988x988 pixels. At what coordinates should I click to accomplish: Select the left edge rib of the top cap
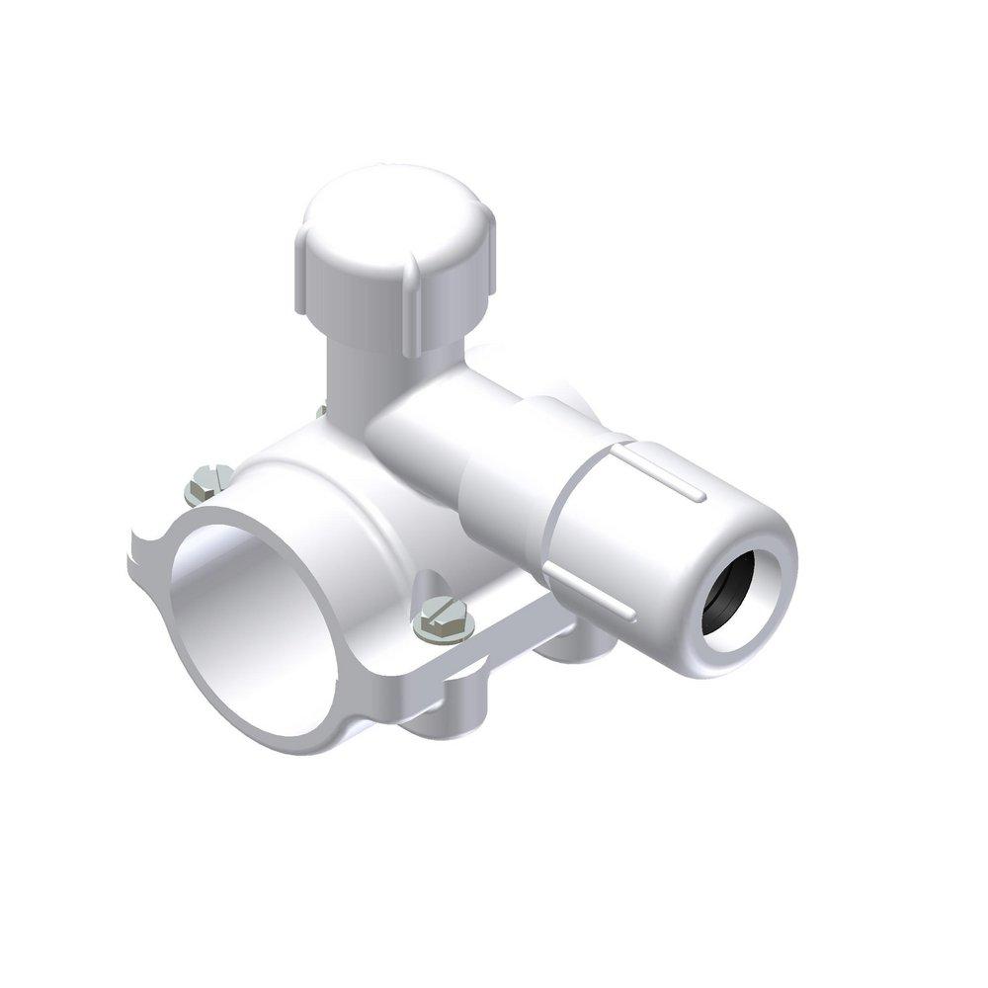(x=302, y=262)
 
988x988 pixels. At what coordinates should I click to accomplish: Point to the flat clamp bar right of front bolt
(x=514, y=632)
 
